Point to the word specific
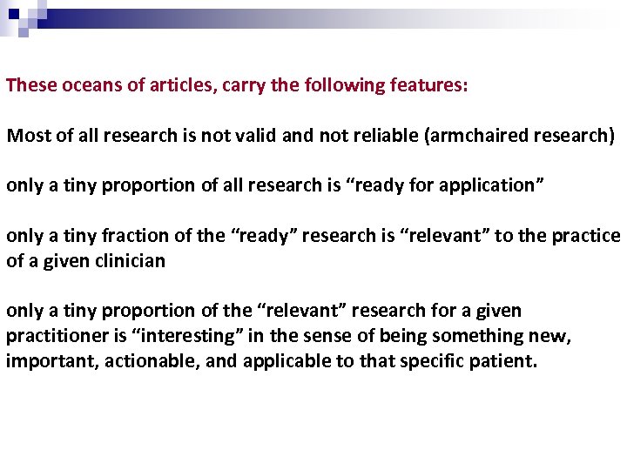tap(432, 360)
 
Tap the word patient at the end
tap(505, 360)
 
